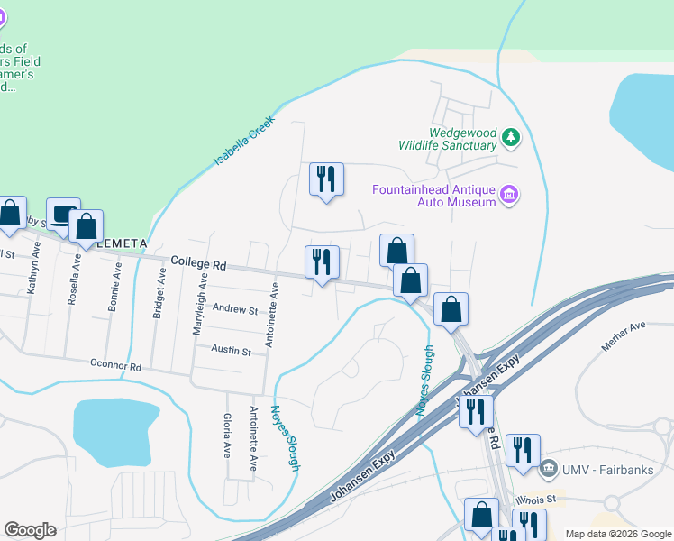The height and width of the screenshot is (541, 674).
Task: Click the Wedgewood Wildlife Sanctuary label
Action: pyautogui.click(x=450, y=138)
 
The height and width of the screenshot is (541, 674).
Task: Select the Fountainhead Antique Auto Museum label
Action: pyautogui.click(x=435, y=196)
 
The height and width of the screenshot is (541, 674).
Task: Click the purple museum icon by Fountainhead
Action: pyautogui.click(x=509, y=195)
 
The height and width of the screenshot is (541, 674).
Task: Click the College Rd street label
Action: pyautogui.click(x=198, y=263)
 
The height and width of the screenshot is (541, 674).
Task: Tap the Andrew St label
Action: pyautogui.click(x=234, y=309)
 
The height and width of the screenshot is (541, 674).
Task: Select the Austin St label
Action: pyautogui.click(x=231, y=350)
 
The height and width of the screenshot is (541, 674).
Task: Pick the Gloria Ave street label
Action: pyautogui.click(x=226, y=436)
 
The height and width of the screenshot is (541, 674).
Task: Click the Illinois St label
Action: pyautogui.click(x=538, y=498)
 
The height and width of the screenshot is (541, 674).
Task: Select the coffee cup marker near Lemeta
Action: pyautogui.click(x=63, y=215)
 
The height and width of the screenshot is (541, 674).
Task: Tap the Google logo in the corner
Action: pyautogui.click(x=30, y=530)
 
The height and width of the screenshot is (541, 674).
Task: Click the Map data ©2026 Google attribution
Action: pyautogui.click(x=617, y=534)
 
